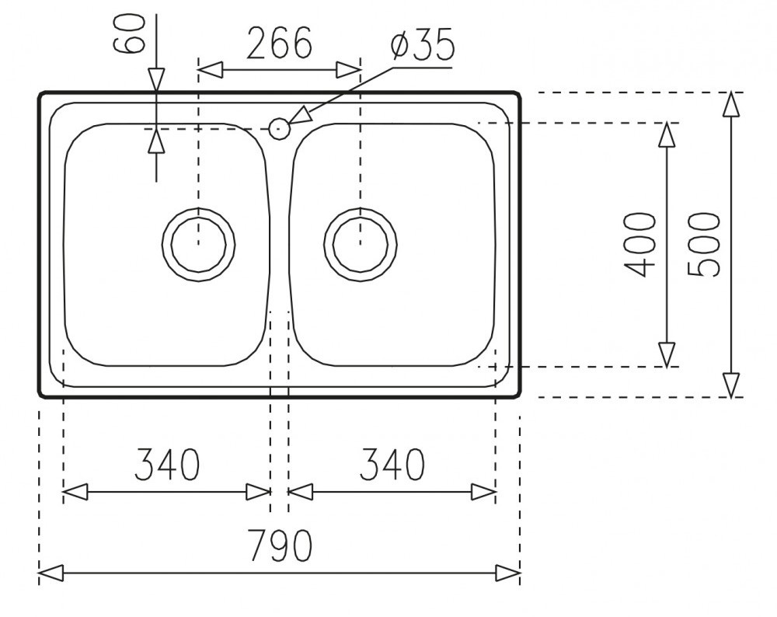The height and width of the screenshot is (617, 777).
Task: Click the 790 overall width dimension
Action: pyautogui.click(x=280, y=546)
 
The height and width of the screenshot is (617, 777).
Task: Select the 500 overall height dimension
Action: pyautogui.click(x=704, y=244)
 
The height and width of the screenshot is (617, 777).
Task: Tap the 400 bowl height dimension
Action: pyautogui.click(x=639, y=244)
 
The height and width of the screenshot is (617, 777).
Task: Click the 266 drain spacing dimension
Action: pyautogui.click(x=280, y=43)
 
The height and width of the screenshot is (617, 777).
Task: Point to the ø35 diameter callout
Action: pyautogui.click(x=422, y=44)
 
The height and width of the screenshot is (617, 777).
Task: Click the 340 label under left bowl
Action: pyautogui.click(x=167, y=465)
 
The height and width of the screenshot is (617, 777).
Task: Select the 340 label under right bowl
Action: pyautogui.click(x=392, y=465)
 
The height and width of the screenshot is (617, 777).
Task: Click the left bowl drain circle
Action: pyautogui.click(x=198, y=208)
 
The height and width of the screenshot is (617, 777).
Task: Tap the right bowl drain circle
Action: pyautogui.click(x=361, y=208)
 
